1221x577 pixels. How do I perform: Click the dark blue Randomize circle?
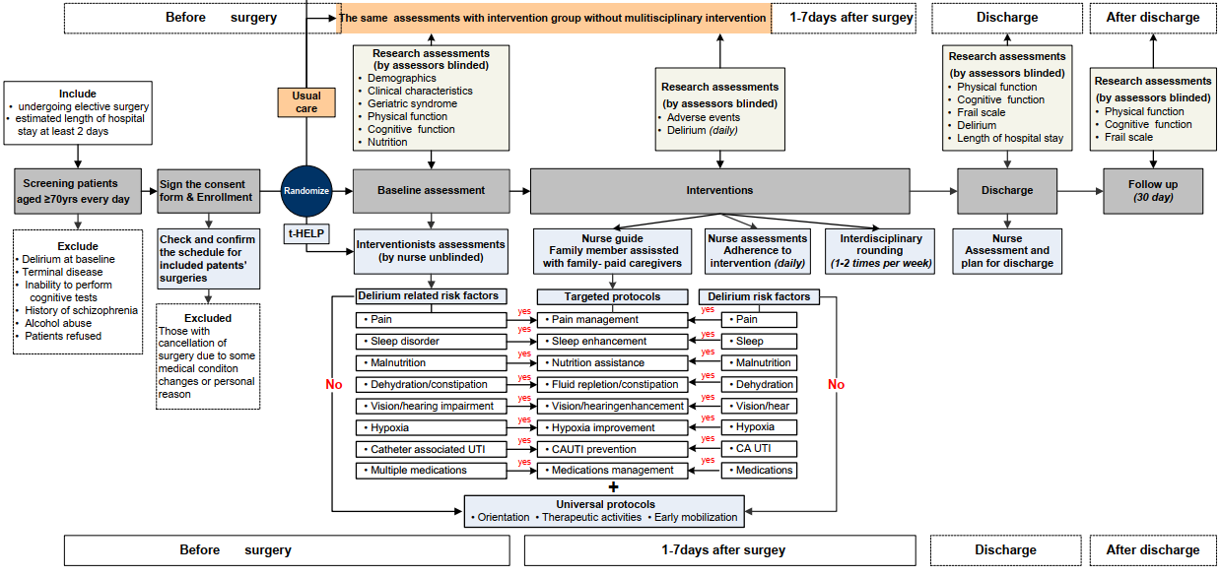pyautogui.click(x=306, y=191)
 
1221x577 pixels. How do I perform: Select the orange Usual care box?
pyautogui.click(x=306, y=102)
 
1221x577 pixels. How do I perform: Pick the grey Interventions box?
pyautogui.click(x=719, y=191)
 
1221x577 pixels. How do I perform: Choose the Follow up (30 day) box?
pyautogui.click(x=1152, y=190)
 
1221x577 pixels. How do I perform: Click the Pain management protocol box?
pyautogui.click(x=612, y=320)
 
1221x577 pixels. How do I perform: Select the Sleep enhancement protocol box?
pyautogui.click(x=612, y=342)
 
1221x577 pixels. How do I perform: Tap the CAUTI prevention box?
pyautogui.click(x=612, y=449)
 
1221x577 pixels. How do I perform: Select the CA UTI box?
pyautogui.click(x=759, y=449)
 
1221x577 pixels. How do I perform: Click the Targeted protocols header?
pyautogui.click(x=612, y=296)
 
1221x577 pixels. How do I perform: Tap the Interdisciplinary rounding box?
pyautogui.click(x=881, y=251)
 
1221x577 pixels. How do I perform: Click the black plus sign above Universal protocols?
pyautogui.click(x=613, y=487)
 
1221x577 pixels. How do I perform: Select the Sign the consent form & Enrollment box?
pyautogui.click(x=208, y=191)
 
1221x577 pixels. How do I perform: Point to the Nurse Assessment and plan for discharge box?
pyautogui.click(x=1006, y=251)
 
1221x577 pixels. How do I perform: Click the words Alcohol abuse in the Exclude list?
pyautogui.click(x=59, y=323)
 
